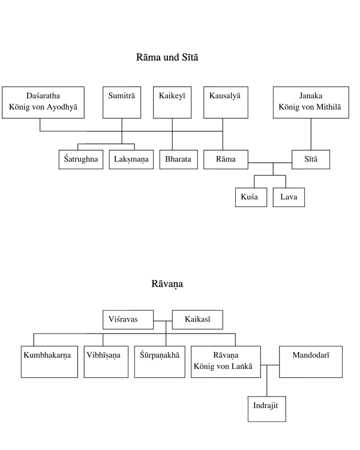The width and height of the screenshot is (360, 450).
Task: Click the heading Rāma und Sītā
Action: point(167,57)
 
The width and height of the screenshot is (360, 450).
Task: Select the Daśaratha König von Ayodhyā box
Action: point(43,103)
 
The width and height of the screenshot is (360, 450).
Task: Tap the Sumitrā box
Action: point(122,103)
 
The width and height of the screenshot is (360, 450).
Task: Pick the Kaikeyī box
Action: point(172,103)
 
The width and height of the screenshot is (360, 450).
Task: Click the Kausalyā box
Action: point(226,103)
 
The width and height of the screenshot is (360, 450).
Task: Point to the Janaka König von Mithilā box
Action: point(311,103)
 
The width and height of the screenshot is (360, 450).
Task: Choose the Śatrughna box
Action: point(81,159)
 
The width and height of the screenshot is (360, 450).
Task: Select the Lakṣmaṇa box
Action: point(131,159)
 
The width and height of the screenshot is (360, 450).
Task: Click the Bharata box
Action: point(179,159)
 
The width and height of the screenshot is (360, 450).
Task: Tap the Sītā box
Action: point(311,159)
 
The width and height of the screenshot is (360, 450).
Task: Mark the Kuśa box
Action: point(251,197)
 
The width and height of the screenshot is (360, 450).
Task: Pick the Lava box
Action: point(289,197)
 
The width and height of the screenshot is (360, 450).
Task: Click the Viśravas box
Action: point(128,319)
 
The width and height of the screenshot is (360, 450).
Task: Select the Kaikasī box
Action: point(197,319)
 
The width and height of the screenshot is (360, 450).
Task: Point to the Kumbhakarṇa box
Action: point(49,362)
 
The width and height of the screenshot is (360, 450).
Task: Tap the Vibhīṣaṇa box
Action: point(106,362)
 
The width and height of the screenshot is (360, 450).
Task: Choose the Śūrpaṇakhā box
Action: point(160,362)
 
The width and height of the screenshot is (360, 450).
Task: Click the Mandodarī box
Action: point(311,362)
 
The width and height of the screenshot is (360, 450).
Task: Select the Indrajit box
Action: point(267,409)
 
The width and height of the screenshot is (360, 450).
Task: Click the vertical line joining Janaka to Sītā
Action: point(311,134)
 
